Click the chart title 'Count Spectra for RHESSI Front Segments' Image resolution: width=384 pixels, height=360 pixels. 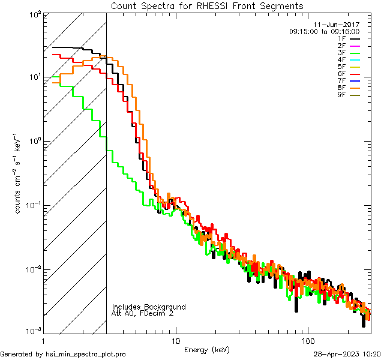[207, 6]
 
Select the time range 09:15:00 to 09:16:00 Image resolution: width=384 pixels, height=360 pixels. [324, 31]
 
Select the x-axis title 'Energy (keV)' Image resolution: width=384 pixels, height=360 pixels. [206, 350]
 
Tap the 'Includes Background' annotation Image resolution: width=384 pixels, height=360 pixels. [149, 307]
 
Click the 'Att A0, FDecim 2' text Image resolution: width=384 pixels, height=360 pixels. [143, 314]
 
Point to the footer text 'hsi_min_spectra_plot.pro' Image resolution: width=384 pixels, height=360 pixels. [86, 355]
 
